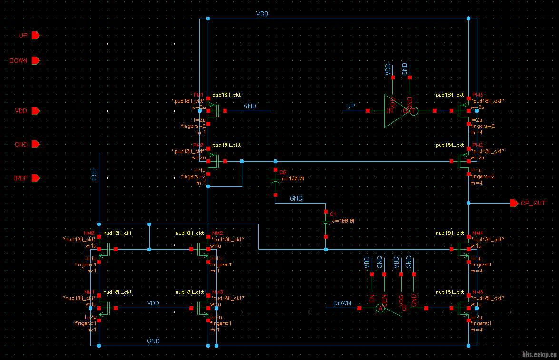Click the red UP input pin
coord(36,35)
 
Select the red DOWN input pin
coord(36,61)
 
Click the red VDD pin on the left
coord(36,111)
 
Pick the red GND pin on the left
coord(36,145)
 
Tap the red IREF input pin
coord(36,178)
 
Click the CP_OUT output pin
coord(514,203)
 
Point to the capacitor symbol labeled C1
coord(326,224)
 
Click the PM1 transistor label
coord(198,95)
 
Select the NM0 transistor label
coord(89,233)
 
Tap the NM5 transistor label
coord(478,292)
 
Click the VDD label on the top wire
coord(262,14)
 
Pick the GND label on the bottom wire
coord(153,341)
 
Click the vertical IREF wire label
coord(94,174)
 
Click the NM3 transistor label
coord(218,292)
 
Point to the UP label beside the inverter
coord(351,106)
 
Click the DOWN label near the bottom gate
coord(342,303)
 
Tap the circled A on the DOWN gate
coord(380,309)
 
